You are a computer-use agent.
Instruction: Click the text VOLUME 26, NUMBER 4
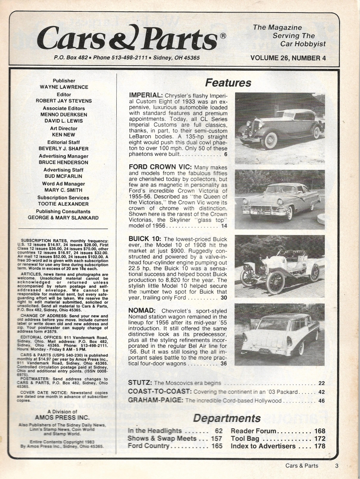click(x=288, y=58)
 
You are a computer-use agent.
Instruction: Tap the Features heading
click(x=228, y=83)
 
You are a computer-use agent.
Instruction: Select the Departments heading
click(x=227, y=418)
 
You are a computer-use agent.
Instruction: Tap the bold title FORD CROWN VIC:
click(x=160, y=167)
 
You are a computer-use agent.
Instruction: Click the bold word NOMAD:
click(x=142, y=310)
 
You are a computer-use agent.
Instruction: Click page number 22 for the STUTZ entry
click(x=321, y=383)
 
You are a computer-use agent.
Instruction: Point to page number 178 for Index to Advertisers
click(x=320, y=446)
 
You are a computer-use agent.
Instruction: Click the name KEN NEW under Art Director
click(x=64, y=135)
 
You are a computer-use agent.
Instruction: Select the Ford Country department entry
click(x=148, y=446)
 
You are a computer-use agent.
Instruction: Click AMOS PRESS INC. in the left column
click(x=62, y=417)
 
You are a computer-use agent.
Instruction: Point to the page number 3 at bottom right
click(x=336, y=466)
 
